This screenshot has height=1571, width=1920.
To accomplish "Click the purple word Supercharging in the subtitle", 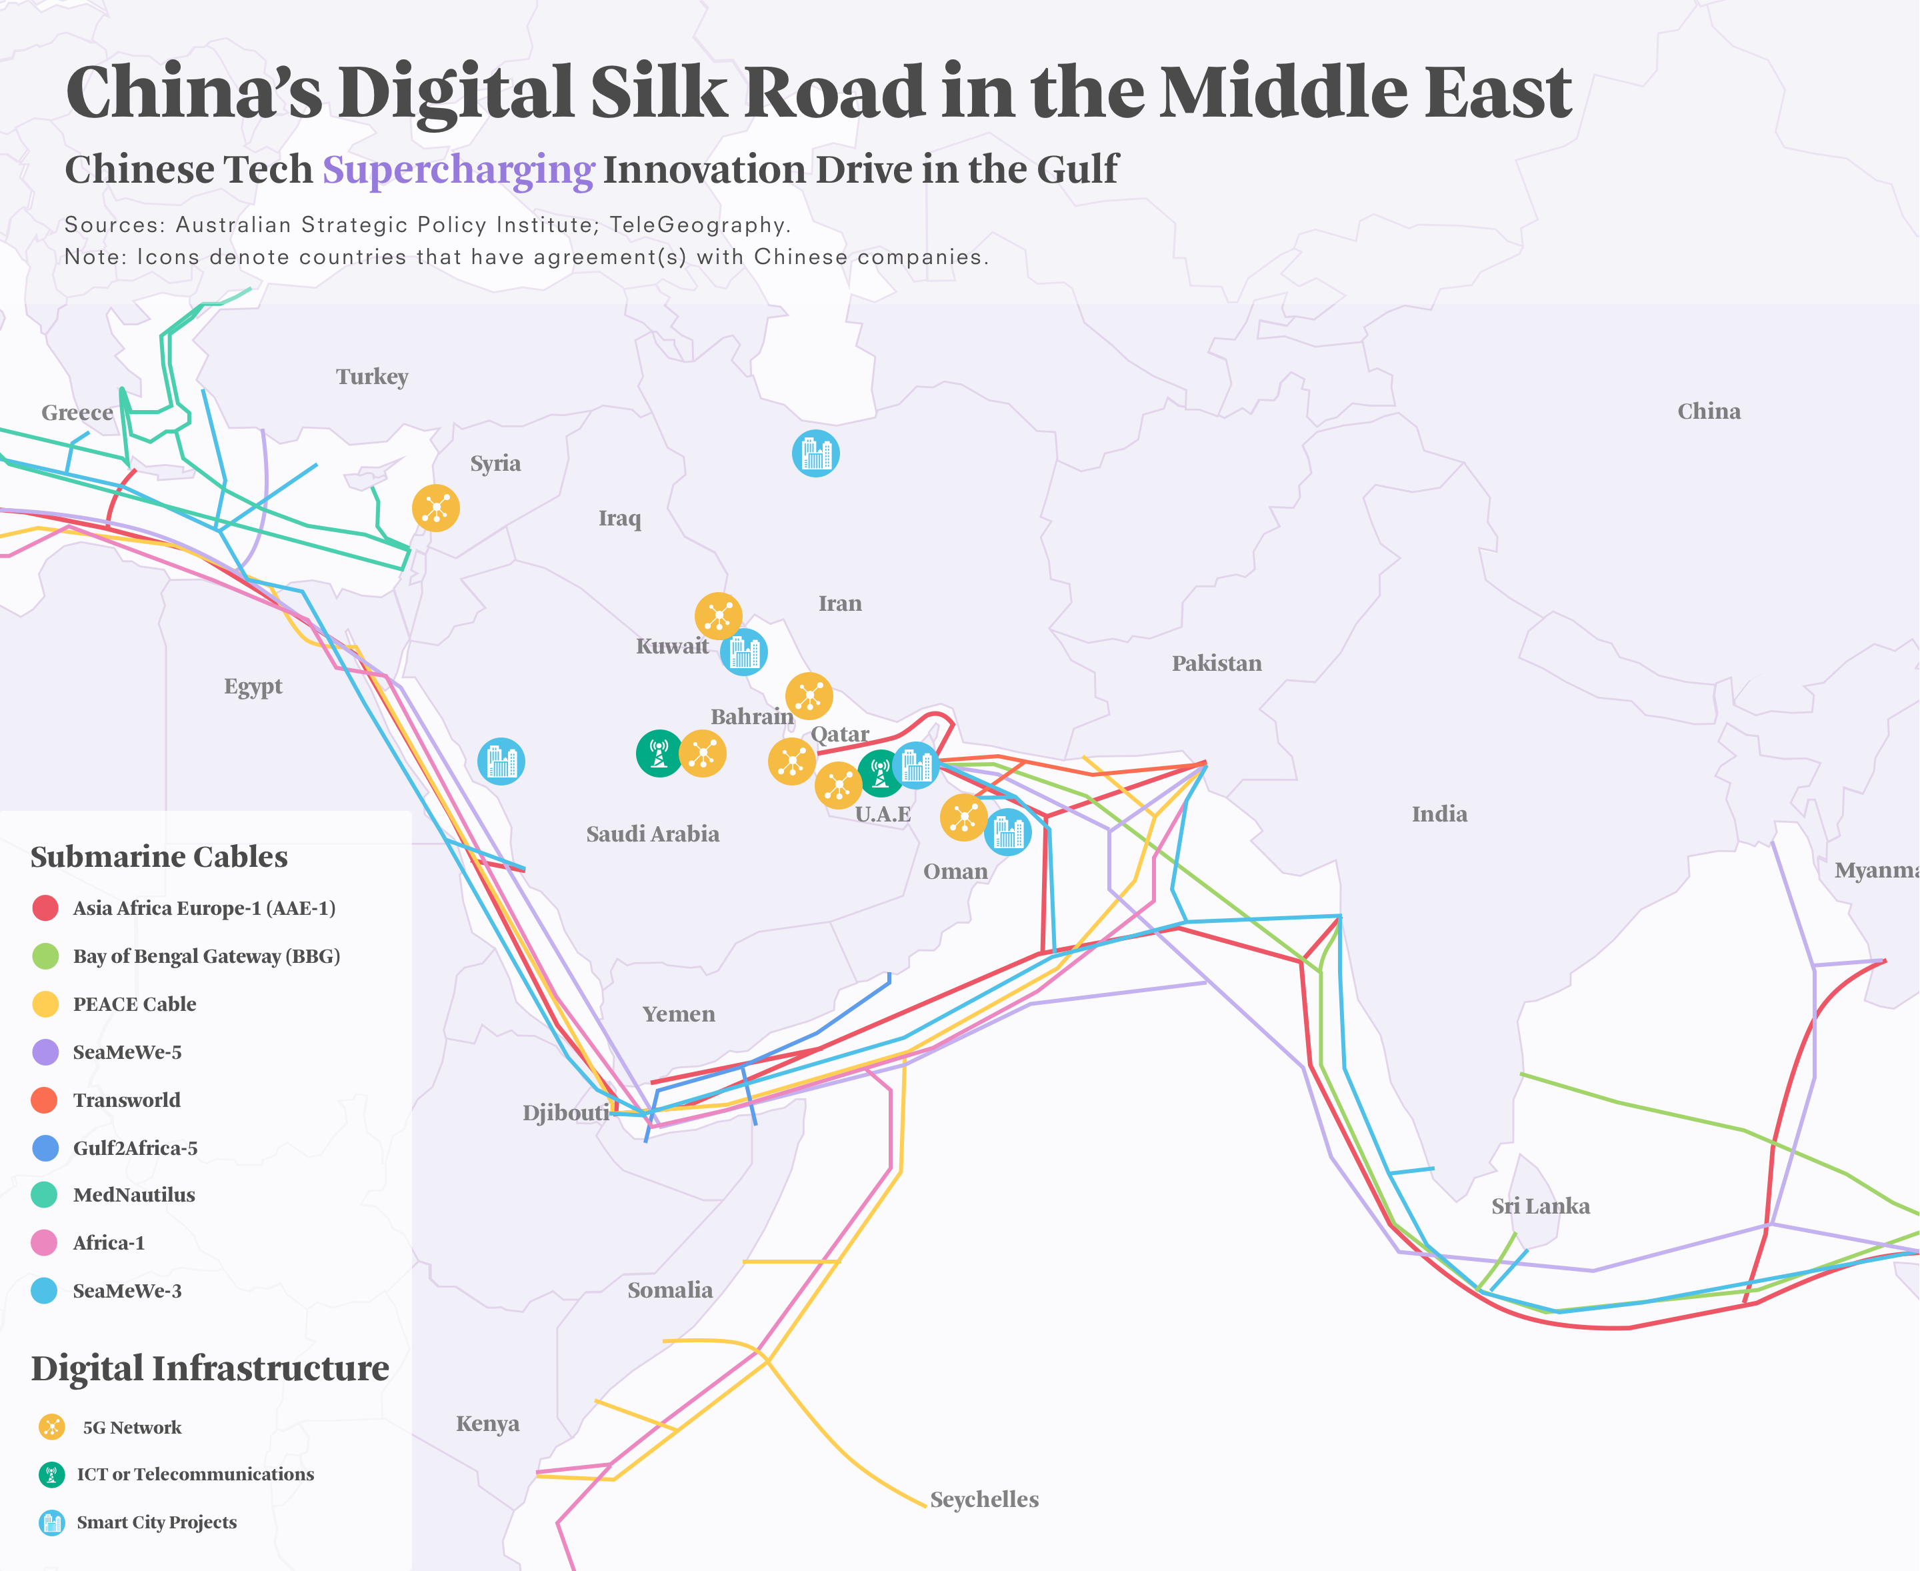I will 458,170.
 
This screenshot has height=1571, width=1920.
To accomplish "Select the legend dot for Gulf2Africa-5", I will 45,1148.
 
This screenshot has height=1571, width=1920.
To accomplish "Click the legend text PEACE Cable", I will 134,1004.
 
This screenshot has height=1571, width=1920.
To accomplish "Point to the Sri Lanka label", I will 1540,1206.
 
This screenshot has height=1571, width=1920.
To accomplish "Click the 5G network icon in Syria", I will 435,507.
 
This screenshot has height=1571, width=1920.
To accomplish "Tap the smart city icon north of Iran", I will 815,453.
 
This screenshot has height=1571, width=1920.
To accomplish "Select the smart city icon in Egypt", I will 501,761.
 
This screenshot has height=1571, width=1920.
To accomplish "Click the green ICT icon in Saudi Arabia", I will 659,753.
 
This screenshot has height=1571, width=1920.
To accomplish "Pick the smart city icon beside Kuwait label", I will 744,651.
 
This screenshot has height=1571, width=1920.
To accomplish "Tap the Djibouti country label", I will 565,1112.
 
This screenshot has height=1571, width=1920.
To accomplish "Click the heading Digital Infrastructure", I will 210,1368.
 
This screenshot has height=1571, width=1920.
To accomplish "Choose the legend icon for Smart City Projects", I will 51,1523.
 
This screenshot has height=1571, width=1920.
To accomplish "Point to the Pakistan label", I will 1216,663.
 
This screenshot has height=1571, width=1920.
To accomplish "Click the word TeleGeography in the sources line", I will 697,225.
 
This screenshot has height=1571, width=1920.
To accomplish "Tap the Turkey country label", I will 372,377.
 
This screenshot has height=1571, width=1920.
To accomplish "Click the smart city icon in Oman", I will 1007,832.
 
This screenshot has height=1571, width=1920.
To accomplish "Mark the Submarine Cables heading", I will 159,857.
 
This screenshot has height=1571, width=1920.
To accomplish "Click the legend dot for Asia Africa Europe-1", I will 45,908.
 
